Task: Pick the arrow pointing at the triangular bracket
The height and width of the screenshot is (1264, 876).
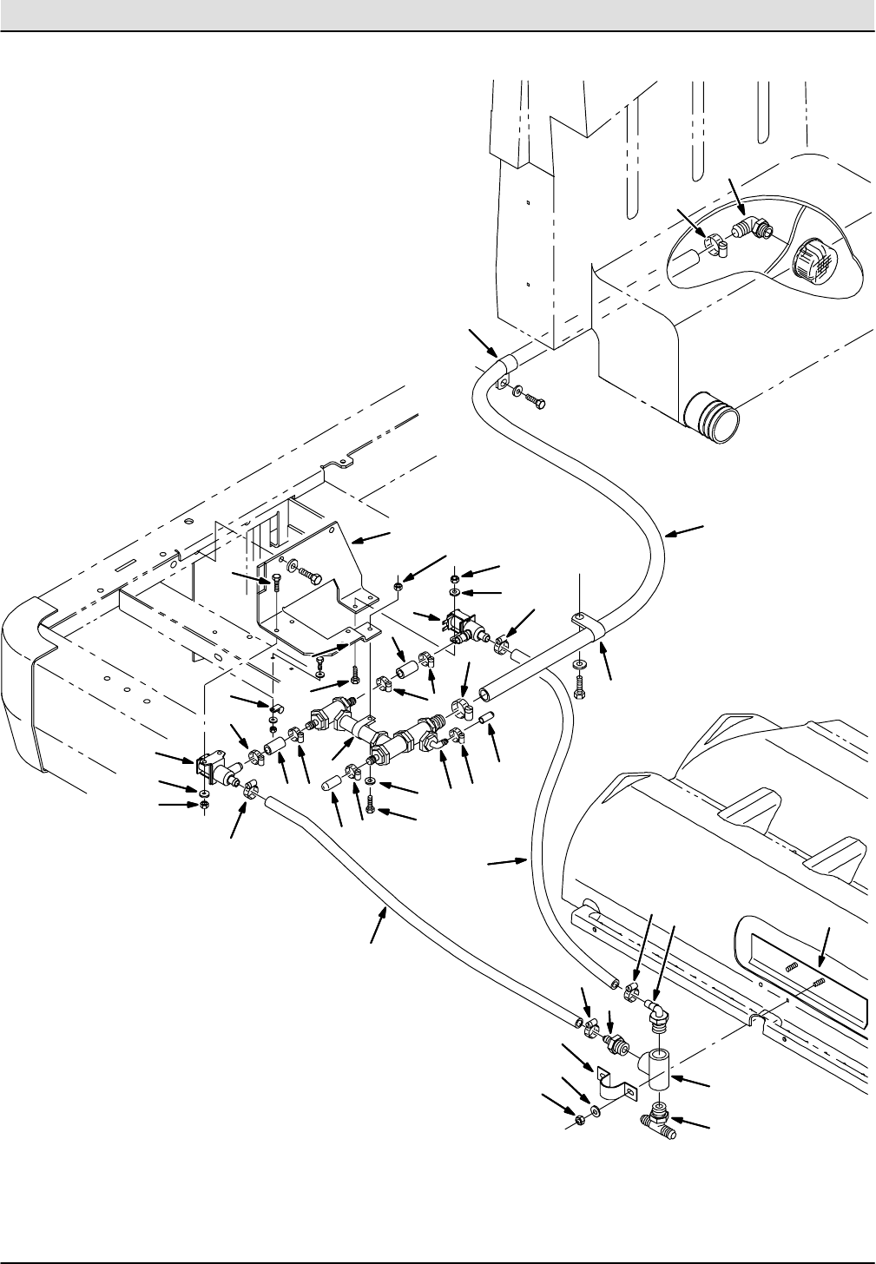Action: pos(373,537)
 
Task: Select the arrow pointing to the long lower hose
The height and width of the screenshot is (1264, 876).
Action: pos(379,923)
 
